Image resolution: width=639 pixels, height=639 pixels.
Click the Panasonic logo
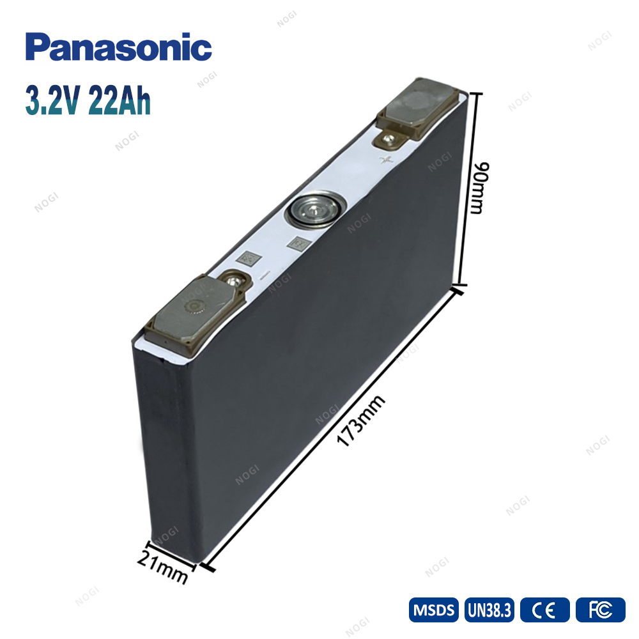[x=119, y=47]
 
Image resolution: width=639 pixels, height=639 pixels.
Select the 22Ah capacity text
[x=119, y=100]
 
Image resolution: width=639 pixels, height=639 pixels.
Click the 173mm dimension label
[x=360, y=420]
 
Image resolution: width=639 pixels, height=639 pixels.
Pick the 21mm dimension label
[x=162, y=566]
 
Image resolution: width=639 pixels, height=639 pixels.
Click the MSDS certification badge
[x=434, y=610]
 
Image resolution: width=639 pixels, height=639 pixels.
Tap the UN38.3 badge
[x=489, y=610]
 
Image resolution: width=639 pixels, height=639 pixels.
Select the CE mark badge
[x=545, y=610]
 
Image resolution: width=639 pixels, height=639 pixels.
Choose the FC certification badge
[x=600, y=610]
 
